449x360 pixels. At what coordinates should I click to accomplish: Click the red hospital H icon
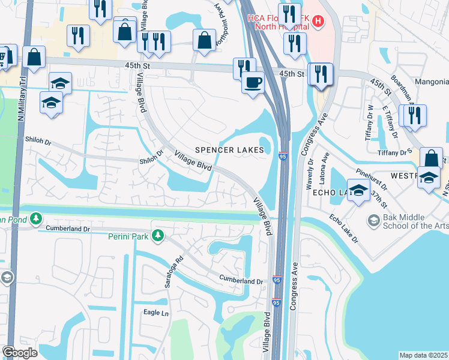[x=318, y=22]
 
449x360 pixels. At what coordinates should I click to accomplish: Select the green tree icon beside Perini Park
[x=158, y=235]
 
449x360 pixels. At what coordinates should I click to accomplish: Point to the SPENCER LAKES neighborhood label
[x=229, y=149]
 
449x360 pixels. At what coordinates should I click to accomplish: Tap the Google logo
[x=20, y=352]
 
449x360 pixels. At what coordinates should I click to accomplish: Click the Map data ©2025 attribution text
[x=423, y=355]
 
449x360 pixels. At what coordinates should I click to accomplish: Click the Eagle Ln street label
[x=156, y=313]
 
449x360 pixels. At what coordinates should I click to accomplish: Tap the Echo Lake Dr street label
[x=342, y=229]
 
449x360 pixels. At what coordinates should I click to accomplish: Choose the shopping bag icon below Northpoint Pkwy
[x=204, y=40]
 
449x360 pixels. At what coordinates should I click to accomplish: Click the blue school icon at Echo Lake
[x=358, y=191]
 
